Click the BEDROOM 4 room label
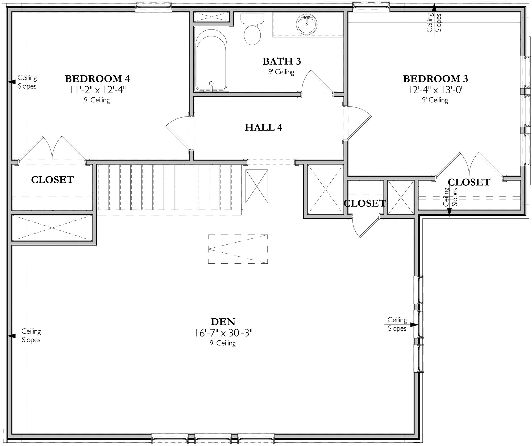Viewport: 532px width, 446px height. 97,79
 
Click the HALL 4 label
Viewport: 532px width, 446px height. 263,128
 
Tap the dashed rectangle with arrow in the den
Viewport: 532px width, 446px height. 238,249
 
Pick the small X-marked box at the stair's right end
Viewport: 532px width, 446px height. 257,186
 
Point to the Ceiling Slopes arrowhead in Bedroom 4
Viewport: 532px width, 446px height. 11,82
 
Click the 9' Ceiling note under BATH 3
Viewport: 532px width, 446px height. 281,72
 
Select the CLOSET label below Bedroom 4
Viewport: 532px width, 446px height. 52,180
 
